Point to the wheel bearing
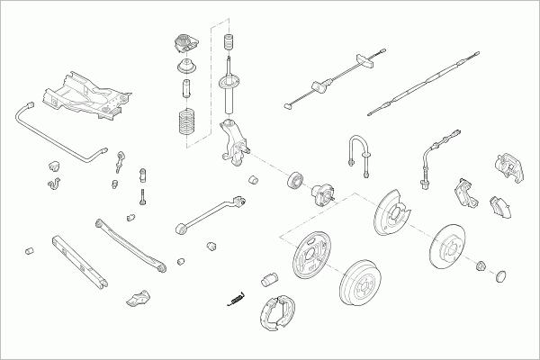coord(296,179)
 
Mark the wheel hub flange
coord(323,194)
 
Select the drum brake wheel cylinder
coord(269,279)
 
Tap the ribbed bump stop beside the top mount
coord(229,43)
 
